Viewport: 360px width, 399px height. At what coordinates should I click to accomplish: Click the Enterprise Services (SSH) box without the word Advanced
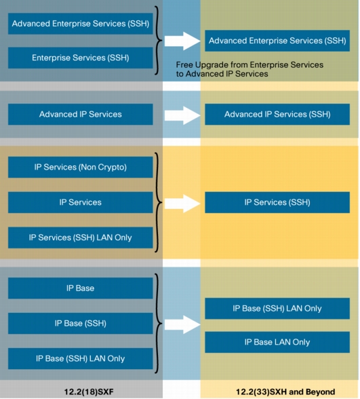coord(80,58)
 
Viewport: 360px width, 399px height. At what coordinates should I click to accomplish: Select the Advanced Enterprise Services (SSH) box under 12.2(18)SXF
coord(80,24)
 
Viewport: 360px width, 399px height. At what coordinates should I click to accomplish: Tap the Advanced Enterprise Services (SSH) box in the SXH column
coord(277,41)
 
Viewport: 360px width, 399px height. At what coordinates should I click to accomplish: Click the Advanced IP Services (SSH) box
coord(277,114)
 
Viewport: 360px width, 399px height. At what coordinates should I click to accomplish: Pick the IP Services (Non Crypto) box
coord(80,167)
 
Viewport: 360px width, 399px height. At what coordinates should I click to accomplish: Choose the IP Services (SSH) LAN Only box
coord(80,237)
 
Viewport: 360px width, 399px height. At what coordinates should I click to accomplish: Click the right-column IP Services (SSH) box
coord(277,202)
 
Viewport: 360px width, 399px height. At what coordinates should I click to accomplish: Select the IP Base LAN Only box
coord(277,342)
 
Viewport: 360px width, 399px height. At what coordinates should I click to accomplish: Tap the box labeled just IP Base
coord(80,288)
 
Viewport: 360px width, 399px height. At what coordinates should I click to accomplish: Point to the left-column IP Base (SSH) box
coord(80,324)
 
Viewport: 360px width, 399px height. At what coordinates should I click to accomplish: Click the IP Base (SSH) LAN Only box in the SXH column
coord(277,308)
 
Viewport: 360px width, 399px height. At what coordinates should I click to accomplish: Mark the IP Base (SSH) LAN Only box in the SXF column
coord(80,358)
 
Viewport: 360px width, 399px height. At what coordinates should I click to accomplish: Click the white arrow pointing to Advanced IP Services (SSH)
coord(182,115)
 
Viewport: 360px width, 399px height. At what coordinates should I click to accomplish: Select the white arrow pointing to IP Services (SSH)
coord(182,204)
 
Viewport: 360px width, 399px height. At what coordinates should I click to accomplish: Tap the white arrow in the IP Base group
coord(182,324)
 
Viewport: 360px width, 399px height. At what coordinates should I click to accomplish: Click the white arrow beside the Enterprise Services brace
coord(182,41)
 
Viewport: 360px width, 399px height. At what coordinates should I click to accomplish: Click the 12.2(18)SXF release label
coord(89,392)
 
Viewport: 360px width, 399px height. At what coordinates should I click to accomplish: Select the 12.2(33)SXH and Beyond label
coord(285,392)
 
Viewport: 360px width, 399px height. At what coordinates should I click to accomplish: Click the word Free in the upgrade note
coord(184,65)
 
